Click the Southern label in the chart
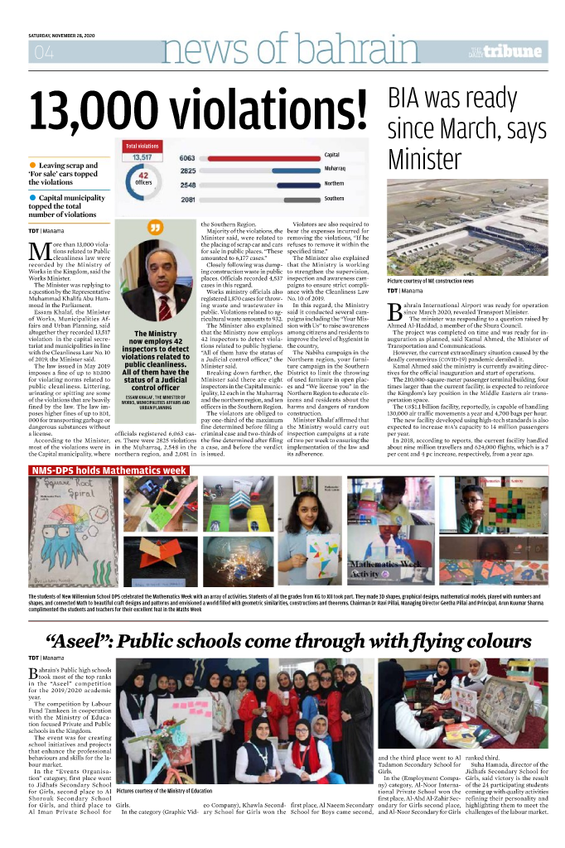pyautogui.click(x=334, y=199)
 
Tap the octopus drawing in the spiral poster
pyautogui.click(x=60, y=534)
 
